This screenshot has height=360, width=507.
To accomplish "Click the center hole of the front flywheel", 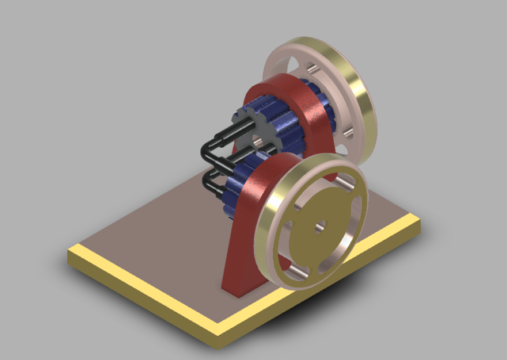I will [318, 225].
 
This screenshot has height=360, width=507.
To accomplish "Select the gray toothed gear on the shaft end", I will [251, 130].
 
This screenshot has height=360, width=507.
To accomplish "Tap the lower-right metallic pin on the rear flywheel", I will [348, 133].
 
